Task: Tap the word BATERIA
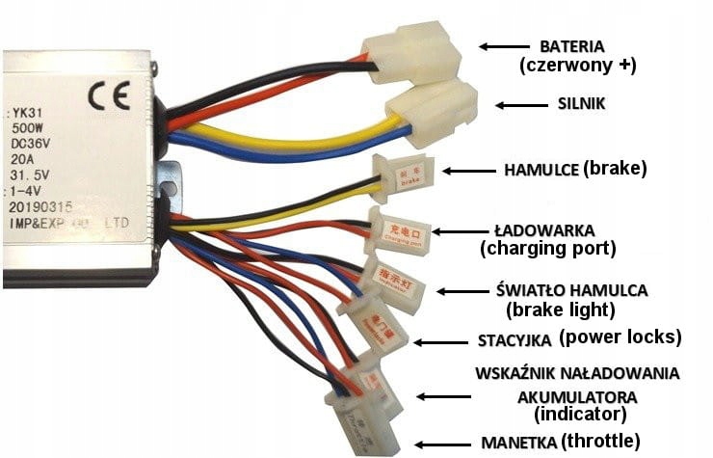[572, 46]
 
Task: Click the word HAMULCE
[542, 170]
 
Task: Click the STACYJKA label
[515, 339]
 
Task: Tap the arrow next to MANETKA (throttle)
[439, 443]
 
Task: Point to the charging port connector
[398, 231]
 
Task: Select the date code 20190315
[40, 205]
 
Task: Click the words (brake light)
[560, 310]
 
